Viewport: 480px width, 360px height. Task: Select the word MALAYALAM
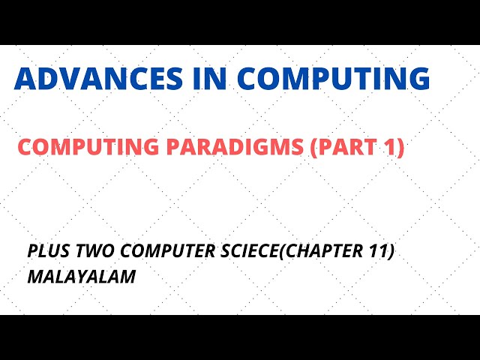click(x=82, y=276)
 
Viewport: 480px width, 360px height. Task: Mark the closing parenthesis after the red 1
click(x=400, y=148)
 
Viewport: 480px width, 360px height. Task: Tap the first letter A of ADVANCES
click(x=25, y=79)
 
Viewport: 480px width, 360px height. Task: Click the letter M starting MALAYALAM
click(x=34, y=276)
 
